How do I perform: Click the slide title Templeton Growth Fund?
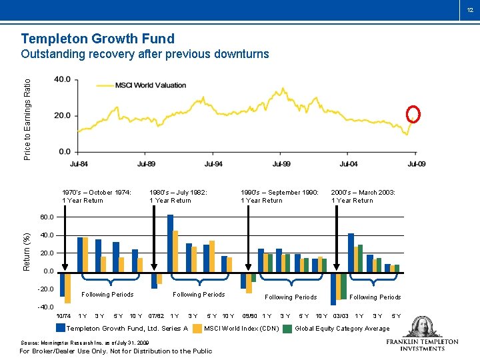click(x=97, y=39)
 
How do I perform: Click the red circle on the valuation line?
click(x=413, y=115)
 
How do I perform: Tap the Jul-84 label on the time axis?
click(x=79, y=163)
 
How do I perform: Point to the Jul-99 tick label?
click(x=281, y=163)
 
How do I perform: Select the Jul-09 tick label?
click(x=416, y=163)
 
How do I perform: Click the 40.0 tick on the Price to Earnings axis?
click(x=62, y=79)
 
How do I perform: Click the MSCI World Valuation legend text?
click(x=151, y=85)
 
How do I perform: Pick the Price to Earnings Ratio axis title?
click(x=27, y=119)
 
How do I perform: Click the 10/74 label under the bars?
click(x=64, y=315)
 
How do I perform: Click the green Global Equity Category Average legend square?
click(x=287, y=328)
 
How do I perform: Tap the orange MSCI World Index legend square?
click(x=197, y=328)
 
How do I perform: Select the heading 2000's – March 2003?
click(x=363, y=192)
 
